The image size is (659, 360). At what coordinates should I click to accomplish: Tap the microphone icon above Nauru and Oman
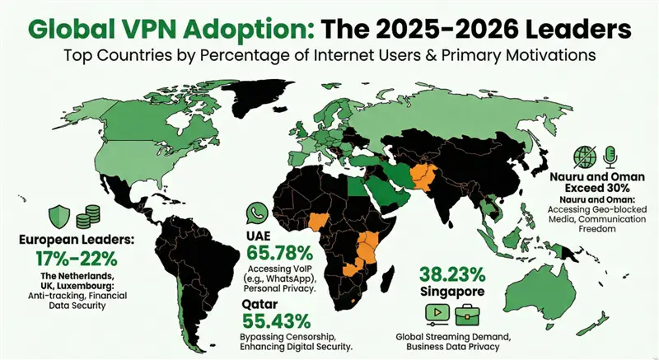coord(610,156)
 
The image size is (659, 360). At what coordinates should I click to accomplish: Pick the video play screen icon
coord(436,313)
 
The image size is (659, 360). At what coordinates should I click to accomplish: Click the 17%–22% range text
coord(68,258)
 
